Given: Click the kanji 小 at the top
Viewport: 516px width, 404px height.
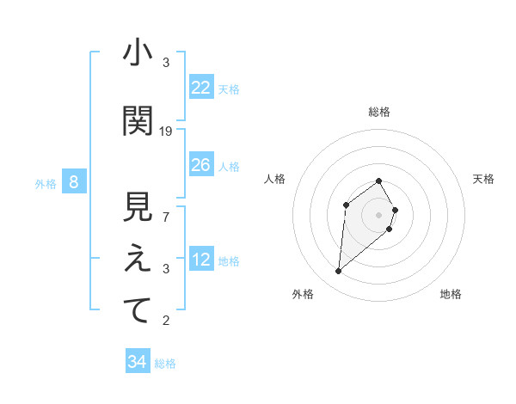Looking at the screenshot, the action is (138, 54).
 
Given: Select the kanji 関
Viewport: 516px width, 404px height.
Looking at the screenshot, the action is (138, 121).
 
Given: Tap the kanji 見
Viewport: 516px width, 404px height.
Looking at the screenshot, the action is (138, 208).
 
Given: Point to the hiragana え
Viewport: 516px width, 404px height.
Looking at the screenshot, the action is (138, 260).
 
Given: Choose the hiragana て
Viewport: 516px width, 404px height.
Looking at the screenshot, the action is (138, 311).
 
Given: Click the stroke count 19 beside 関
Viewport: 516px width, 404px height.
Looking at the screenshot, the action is (166, 132).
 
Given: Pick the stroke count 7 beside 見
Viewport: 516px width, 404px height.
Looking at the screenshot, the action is (166, 217).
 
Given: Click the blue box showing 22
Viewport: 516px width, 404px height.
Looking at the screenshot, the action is (200, 88).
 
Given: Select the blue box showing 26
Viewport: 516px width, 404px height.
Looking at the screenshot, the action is (200, 165).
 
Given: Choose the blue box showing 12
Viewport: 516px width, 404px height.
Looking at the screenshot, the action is (200, 260).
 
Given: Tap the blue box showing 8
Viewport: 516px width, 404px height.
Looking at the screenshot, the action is (74, 181).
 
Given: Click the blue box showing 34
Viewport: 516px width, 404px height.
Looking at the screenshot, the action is (137, 362).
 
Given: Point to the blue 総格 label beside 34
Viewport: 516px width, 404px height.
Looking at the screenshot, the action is (165, 364).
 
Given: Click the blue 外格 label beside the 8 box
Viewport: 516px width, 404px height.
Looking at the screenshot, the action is (46, 183).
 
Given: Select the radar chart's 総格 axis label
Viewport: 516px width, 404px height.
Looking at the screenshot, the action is (379, 112).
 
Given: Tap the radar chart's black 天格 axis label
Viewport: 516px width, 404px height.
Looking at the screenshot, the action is (484, 179).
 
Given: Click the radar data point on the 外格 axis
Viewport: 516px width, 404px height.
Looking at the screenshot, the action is (339, 272).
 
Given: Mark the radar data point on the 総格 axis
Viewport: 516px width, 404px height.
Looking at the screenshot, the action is (379, 181).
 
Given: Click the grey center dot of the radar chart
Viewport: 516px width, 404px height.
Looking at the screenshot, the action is (379, 214).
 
